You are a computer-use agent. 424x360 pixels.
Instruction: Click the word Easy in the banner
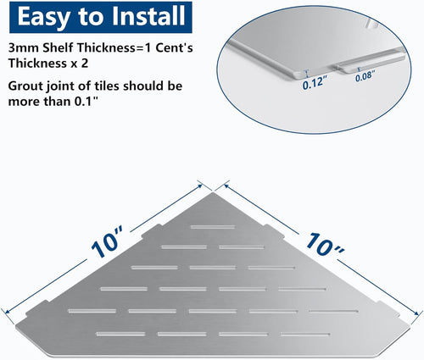44,17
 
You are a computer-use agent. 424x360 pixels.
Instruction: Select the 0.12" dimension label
312,83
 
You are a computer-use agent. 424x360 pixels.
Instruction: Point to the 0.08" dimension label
365,76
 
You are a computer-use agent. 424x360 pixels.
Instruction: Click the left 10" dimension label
108,241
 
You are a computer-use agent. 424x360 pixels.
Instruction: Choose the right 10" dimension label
325,244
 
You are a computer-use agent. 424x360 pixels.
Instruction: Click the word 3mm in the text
24,48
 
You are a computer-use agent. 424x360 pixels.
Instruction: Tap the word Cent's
174,47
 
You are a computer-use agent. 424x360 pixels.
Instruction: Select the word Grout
25,86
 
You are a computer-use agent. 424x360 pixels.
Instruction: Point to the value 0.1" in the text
84,102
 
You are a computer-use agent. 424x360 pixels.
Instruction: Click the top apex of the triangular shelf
213,192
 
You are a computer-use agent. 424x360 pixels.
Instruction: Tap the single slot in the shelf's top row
213,227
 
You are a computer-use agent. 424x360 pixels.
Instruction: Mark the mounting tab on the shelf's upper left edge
151,231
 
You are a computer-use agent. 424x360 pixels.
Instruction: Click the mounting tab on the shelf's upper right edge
274,231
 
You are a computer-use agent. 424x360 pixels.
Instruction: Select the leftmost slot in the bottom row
120,334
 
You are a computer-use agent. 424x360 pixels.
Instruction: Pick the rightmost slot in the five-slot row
333,312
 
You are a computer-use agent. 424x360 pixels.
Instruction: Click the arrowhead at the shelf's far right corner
416,313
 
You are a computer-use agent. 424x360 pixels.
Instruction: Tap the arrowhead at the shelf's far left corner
8,312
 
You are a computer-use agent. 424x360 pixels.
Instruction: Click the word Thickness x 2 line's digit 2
85,63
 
